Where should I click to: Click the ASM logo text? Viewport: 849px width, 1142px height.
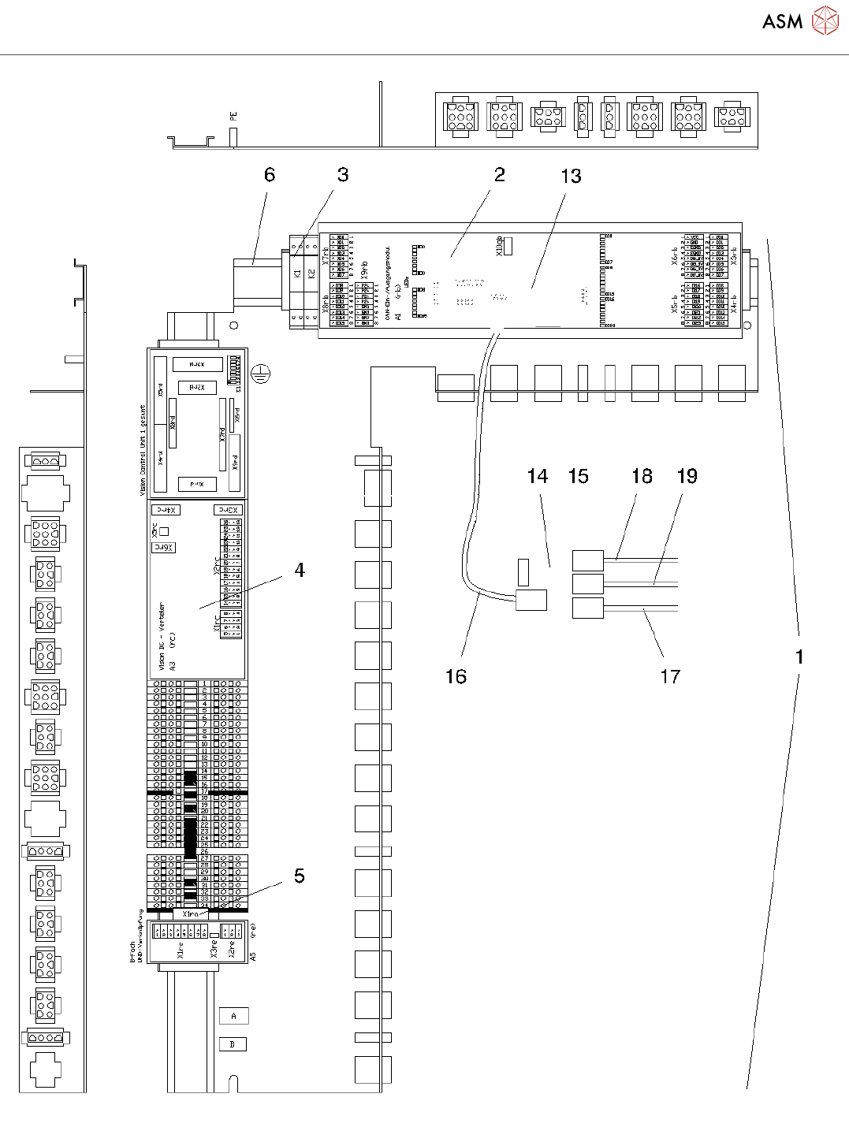pyautogui.click(x=782, y=21)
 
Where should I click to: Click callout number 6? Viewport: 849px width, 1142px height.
pyautogui.click(x=270, y=175)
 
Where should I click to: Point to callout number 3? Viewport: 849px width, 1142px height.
pyautogui.click(x=343, y=175)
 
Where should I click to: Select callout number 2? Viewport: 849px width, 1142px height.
pyautogui.click(x=499, y=175)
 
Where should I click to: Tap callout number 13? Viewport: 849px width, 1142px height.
pyautogui.click(x=572, y=177)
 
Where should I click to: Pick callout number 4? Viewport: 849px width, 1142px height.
pyautogui.click(x=300, y=570)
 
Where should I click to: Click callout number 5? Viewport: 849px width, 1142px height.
pyautogui.click(x=300, y=876)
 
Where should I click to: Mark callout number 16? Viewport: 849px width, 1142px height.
pyautogui.click(x=456, y=676)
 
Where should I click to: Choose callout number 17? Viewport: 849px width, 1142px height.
pyautogui.click(x=670, y=676)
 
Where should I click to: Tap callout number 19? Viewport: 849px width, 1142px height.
pyautogui.click(x=687, y=476)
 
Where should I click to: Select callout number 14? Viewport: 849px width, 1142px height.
pyautogui.click(x=538, y=476)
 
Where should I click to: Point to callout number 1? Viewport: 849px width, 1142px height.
pyautogui.click(x=799, y=657)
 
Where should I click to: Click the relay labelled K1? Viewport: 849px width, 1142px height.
pyautogui.click(x=298, y=273)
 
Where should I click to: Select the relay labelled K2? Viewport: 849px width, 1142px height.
pyautogui.click(x=311, y=273)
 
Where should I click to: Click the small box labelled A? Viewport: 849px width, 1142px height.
pyautogui.click(x=233, y=1016)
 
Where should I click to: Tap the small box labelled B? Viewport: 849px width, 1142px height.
pyautogui.click(x=233, y=1044)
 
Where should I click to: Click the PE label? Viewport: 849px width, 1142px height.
pyautogui.click(x=233, y=116)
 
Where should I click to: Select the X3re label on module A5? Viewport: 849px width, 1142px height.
pyautogui.click(x=214, y=948)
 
